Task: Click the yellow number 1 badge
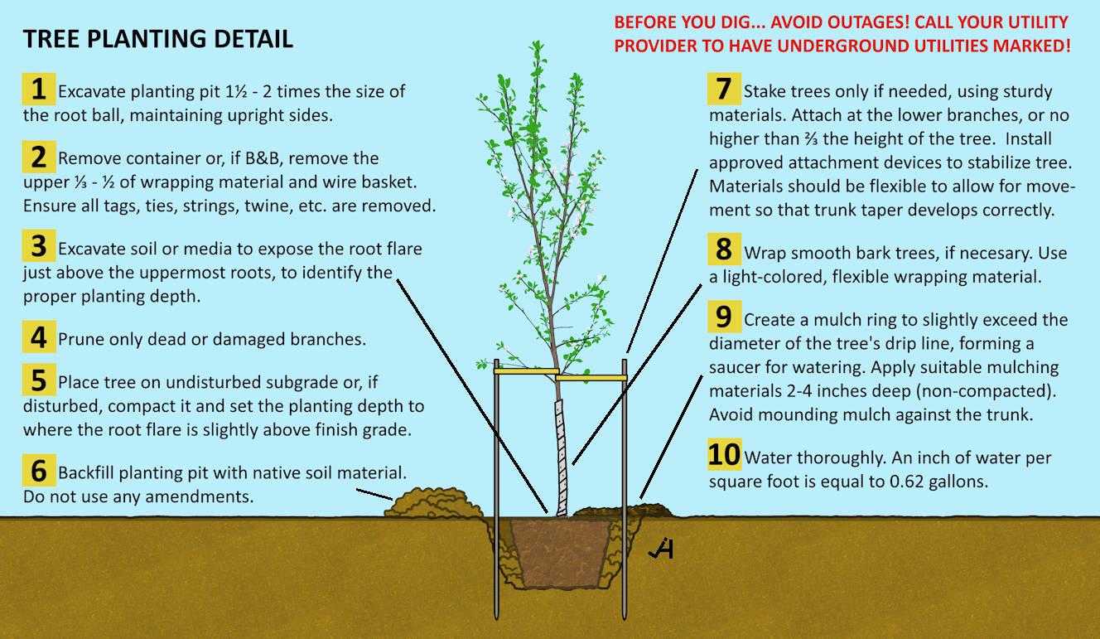[x=39, y=89]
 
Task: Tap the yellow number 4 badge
[x=39, y=336]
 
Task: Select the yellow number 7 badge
[x=724, y=89]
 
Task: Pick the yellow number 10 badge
[x=724, y=454]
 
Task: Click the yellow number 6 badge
[x=39, y=471]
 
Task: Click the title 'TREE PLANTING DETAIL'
[x=158, y=39]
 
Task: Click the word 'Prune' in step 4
[x=79, y=340]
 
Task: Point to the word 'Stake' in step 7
[x=766, y=91]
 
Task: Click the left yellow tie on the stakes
[x=527, y=371]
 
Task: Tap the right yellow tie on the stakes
[x=591, y=377]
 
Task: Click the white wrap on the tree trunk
[x=560, y=457]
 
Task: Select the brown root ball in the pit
[x=561, y=553]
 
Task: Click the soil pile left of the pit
[x=433, y=503]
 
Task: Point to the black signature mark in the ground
[x=661, y=549]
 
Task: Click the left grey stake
[x=496, y=489]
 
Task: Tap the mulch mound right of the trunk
[x=623, y=511]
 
